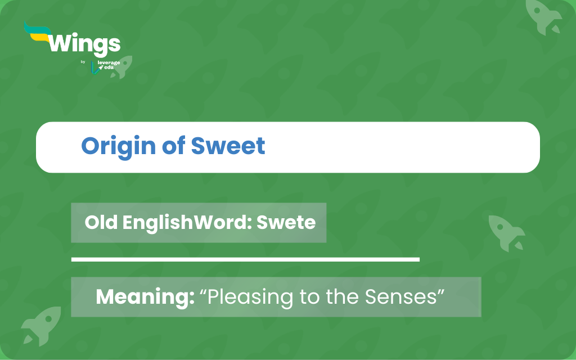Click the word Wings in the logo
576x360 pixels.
point(85,44)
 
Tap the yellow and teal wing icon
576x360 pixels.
point(37,34)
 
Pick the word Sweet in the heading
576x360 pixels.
point(228,146)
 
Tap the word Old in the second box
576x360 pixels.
point(101,222)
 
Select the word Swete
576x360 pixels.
point(286,222)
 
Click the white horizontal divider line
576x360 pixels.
point(245,259)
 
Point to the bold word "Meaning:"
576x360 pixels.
point(145,296)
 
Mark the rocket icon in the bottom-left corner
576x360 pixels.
point(40,325)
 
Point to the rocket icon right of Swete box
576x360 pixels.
point(506,231)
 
